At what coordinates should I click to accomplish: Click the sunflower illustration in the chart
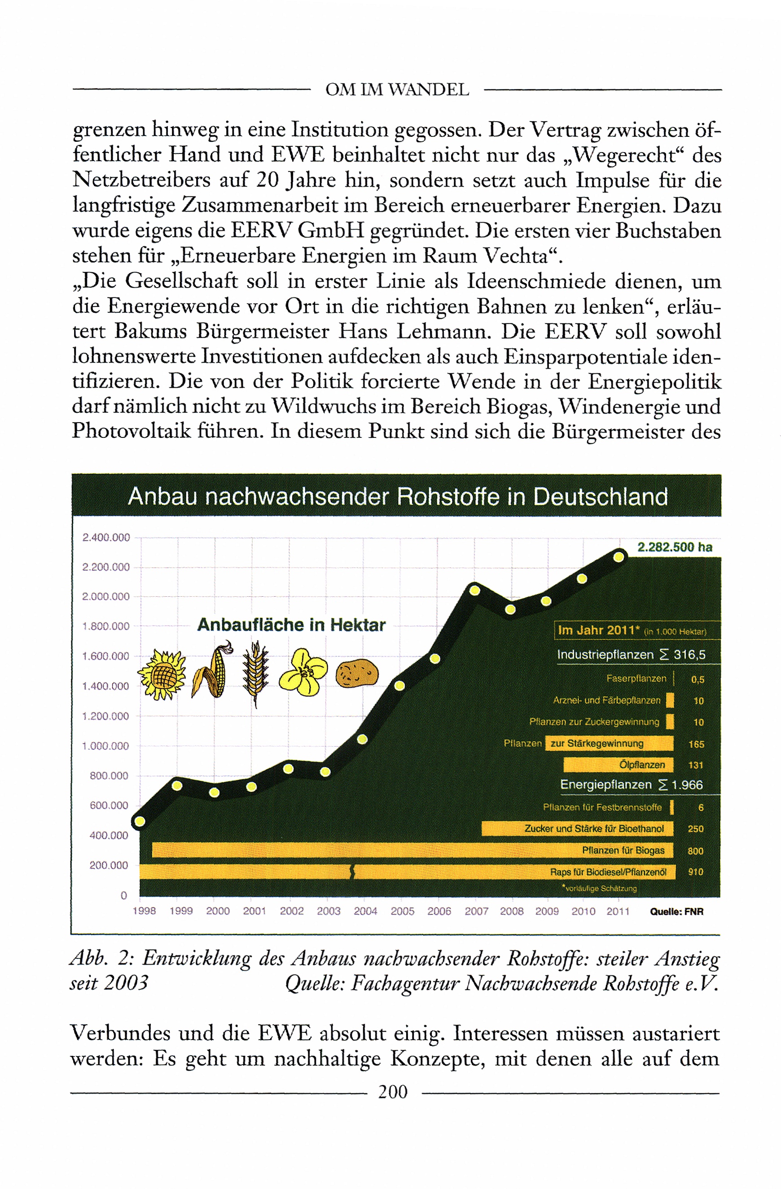coord(162,675)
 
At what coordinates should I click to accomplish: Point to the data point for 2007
coord(475,590)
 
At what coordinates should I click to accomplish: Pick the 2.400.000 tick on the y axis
coord(106,538)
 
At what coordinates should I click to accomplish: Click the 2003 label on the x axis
coord(328,911)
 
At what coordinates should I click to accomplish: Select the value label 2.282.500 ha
coord(674,547)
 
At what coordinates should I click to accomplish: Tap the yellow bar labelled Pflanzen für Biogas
coord(412,850)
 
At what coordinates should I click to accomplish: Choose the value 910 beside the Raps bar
coord(695,872)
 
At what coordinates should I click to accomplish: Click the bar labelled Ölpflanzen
coord(618,765)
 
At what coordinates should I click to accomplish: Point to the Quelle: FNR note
coord(676,911)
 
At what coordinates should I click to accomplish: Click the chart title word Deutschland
coord(600,497)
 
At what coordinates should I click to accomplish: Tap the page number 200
coord(393,1092)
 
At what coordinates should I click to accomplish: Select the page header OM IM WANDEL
coord(397,90)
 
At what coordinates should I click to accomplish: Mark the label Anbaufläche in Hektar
coord(291,625)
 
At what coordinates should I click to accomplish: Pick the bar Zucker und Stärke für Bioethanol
coord(577,828)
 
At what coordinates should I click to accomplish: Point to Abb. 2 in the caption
coord(100,957)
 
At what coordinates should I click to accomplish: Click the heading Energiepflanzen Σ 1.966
coord(631,785)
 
